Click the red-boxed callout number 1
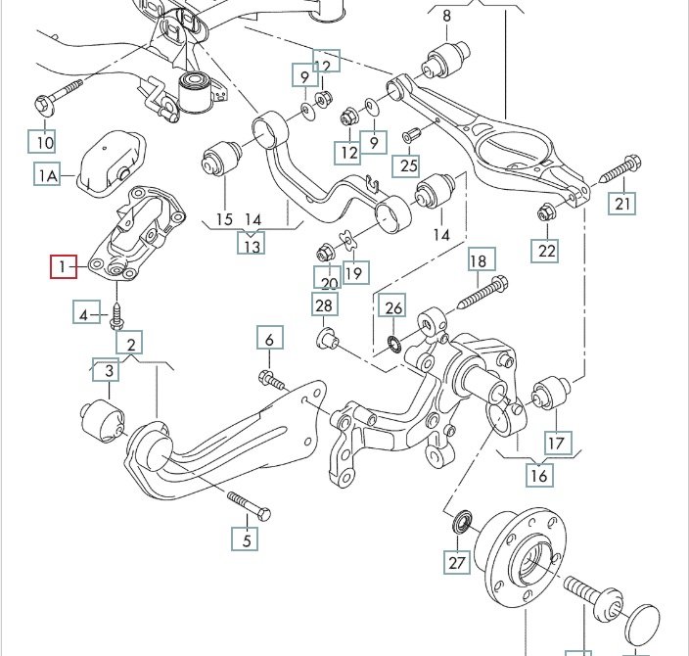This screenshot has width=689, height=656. pyautogui.click(x=64, y=266)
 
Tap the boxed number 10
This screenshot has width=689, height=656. pyautogui.click(x=42, y=141)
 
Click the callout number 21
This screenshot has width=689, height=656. pyautogui.click(x=622, y=203)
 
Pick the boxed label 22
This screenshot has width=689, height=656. pyautogui.click(x=545, y=251)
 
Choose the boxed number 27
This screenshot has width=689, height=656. pyautogui.click(x=457, y=562)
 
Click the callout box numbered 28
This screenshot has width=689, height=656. pyautogui.click(x=325, y=305)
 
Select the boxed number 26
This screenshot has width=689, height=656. pyautogui.click(x=392, y=305)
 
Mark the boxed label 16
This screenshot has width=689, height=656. pyautogui.click(x=539, y=475)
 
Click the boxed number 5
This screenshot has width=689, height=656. pyautogui.click(x=246, y=539)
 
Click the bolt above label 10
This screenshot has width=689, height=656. pyautogui.click(x=58, y=97)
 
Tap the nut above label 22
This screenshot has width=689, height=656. pyautogui.click(x=547, y=212)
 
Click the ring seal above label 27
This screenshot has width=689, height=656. pyautogui.click(x=462, y=521)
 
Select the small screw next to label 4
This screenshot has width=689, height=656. pyautogui.click(x=116, y=315)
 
